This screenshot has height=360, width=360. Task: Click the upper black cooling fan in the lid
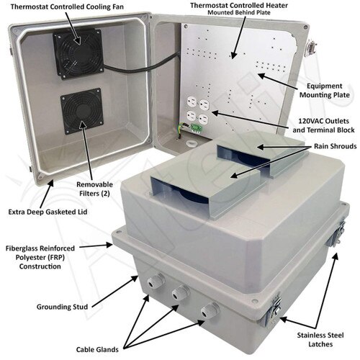click(78, 54)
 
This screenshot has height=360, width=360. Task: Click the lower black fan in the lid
click(82, 111)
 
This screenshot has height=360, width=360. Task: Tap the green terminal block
click(197, 128)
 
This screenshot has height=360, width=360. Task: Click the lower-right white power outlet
click(204, 119)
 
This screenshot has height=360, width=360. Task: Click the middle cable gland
click(180, 292)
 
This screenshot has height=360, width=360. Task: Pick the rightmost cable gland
click(210, 310)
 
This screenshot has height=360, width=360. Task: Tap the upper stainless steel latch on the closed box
click(336, 235)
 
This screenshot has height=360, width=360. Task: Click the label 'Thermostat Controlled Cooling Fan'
click(67, 6)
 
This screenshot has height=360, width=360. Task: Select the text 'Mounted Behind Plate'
click(239, 12)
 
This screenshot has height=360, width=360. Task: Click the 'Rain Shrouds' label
click(336, 146)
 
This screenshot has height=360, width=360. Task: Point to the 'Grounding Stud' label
click(62, 307)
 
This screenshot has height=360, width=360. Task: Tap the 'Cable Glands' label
click(97, 349)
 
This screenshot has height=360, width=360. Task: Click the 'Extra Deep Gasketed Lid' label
click(48, 212)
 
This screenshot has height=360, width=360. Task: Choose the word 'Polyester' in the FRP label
click(30, 257)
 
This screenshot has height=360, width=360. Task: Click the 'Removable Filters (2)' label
click(94, 189)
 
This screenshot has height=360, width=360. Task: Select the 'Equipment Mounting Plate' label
click(325, 90)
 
